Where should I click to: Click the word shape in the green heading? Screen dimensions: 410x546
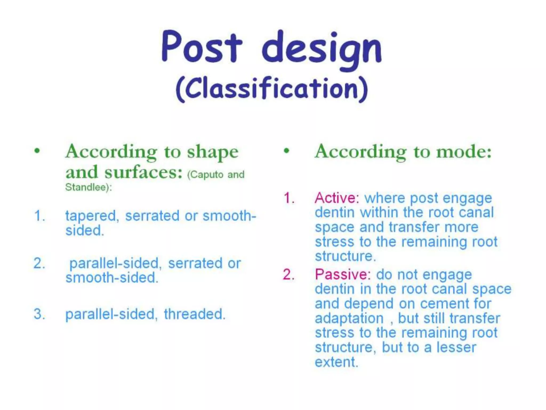212,152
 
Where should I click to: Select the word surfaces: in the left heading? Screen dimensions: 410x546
143,172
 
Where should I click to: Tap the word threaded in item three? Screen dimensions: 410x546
195,314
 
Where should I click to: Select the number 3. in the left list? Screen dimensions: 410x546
39,314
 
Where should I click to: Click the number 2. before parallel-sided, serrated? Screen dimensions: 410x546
39,263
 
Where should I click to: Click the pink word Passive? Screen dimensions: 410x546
343,274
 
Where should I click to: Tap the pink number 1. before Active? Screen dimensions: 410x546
289,198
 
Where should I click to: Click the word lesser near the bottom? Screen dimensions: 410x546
456,347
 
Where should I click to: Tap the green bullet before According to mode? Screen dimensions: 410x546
287,151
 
